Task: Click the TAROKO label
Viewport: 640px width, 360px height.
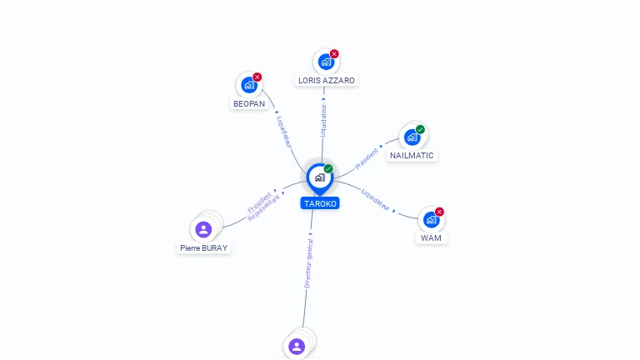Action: coord(320,203)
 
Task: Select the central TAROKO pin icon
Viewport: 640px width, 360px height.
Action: coord(320,178)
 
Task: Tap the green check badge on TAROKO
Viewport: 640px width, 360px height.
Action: coord(328,168)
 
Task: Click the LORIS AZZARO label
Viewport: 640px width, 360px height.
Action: coord(327,80)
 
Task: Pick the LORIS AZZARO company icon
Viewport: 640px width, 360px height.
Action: coord(326,62)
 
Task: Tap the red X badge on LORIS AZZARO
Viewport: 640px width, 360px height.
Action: coord(334,54)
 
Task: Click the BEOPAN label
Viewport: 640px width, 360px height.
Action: coord(249,103)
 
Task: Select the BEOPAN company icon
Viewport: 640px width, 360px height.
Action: coord(249,85)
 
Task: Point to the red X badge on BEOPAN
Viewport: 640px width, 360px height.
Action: coord(257,77)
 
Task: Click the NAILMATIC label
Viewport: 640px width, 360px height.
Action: coord(412,156)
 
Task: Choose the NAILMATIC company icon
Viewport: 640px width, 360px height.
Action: coord(412,137)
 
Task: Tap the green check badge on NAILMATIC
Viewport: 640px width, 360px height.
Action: coord(420,129)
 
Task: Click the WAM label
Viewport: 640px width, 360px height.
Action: coord(431,238)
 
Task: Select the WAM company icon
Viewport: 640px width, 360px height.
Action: coord(431,220)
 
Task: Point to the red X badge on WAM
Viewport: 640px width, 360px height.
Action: coord(439,212)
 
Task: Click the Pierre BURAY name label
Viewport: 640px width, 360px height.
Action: coord(203,247)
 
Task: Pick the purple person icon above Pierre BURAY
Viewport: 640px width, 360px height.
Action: coord(203,229)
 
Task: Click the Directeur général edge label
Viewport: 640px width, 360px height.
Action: coord(309,263)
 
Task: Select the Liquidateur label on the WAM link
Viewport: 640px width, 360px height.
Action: coord(376,200)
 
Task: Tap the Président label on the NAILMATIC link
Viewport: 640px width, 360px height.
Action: coord(366,159)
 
